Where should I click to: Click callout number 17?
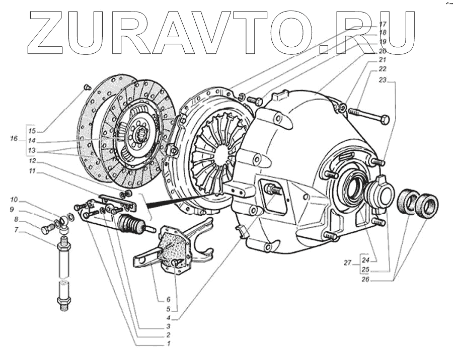tap(382, 24)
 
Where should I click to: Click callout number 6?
tap(168, 299)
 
